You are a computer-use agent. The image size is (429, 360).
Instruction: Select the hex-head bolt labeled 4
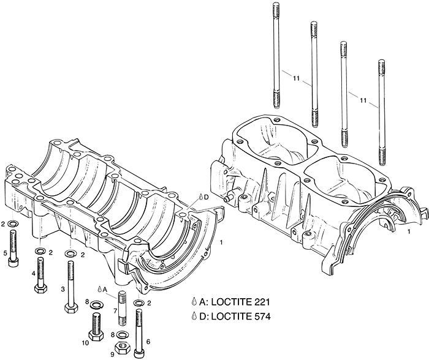41,274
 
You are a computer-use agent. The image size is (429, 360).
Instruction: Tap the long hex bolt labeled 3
70,285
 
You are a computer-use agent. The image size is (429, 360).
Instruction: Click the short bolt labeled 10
96,326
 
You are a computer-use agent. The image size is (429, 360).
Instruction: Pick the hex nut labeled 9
121,347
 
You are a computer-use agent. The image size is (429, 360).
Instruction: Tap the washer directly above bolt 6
140,302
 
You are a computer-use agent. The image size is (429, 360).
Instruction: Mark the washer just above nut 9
121,334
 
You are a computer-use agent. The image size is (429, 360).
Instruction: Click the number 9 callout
112,353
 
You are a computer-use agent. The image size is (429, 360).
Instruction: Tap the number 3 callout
63,288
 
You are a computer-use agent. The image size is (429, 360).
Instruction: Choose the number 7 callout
114,311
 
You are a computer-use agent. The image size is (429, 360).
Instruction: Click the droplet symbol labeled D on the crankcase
200,197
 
